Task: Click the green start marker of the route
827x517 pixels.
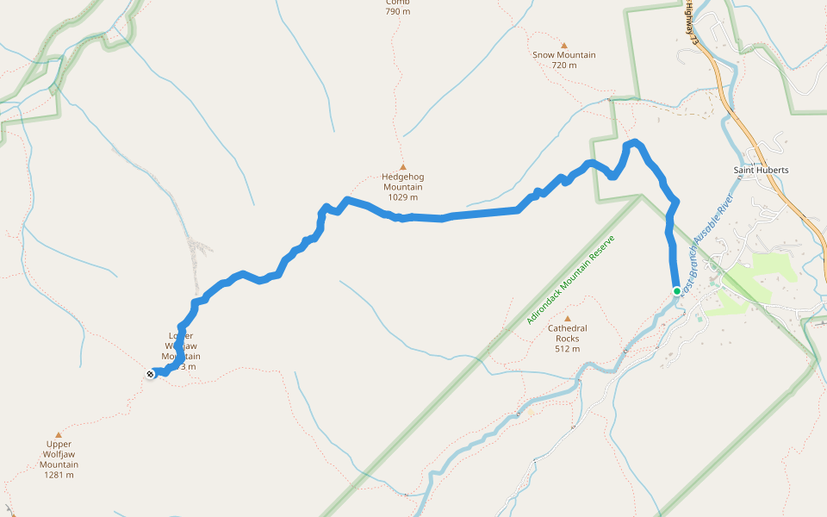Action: click(x=677, y=291)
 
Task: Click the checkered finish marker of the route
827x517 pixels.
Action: click(x=152, y=373)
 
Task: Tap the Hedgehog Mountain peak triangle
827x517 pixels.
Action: click(x=402, y=167)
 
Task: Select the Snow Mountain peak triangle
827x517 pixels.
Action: click(x=564, y=46)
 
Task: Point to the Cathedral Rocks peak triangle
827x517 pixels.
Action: click(x=567, y=319)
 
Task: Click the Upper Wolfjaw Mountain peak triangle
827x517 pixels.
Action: click(x=59, y=435)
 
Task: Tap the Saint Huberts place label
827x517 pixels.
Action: click(x=761, y=170)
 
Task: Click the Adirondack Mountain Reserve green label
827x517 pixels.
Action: click(x=574, y=279)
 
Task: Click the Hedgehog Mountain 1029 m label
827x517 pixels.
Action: click(x=403, y=187)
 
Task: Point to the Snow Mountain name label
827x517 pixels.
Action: click(x=564, y=55)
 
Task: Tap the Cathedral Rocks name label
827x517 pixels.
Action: click(x=567, y=329)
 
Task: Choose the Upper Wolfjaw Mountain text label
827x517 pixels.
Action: click(x=59, y=454)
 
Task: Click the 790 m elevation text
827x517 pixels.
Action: click(x=398, y=12)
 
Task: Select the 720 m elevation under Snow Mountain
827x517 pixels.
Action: click(x=564, y=65)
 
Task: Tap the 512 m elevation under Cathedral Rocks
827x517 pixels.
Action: click(x=567, y=349)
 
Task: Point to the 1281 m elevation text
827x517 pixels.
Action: click(x=59, y=475)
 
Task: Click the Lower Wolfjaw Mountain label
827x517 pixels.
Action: click(x=181, y=346)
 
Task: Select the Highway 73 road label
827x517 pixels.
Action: click(x=690, y=22)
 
